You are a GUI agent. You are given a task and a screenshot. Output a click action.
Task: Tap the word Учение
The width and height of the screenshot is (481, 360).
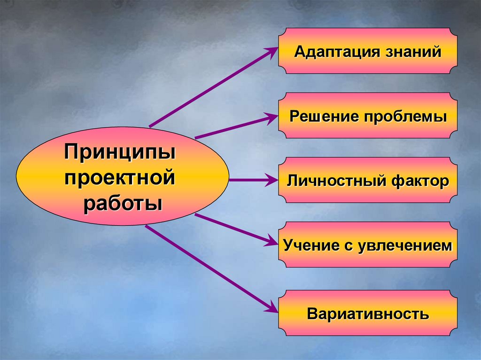(x=310, y=245)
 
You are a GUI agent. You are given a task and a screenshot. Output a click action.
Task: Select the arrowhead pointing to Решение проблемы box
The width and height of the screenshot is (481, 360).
(x=272, y=117)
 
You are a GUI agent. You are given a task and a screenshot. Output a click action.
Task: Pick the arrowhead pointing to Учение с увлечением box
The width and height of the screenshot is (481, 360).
(x=272, y=242)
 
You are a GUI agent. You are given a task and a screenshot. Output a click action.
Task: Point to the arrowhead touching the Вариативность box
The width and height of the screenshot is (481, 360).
(x=272, y=309)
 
